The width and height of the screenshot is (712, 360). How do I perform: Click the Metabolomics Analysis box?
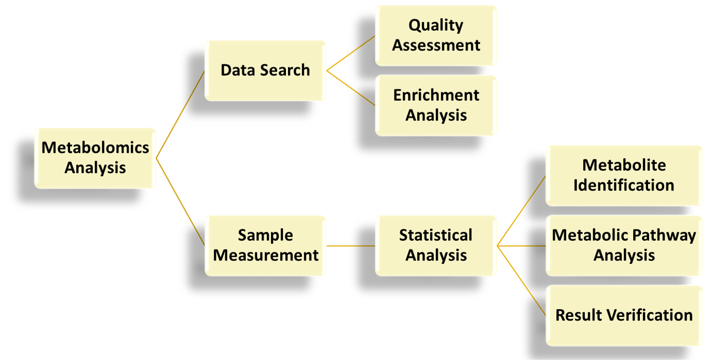(95, 158)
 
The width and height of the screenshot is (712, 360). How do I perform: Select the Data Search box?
(265, 70)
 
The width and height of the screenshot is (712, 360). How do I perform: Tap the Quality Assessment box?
(436, 35)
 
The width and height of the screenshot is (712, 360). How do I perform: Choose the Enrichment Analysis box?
(436, 105)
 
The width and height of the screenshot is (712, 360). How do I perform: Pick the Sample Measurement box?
(265, 245)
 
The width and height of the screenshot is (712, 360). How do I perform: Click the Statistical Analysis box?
(436, 245)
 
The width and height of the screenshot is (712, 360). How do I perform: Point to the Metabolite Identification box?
(624, 175)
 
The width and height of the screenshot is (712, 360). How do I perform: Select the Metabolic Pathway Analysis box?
(624, 245)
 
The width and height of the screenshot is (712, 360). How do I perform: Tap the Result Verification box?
(624, 315)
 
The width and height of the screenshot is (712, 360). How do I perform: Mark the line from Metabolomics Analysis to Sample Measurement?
(181, 202)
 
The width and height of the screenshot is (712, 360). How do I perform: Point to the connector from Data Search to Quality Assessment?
(351, 52)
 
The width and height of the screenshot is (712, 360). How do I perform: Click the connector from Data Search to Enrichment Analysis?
(351, 88)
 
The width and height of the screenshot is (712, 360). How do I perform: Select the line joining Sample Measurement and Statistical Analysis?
(351, 245)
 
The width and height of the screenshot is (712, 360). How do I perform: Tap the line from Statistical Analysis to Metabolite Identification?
(521, 211)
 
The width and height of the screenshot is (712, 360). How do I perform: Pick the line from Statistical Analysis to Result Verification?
(521, 281)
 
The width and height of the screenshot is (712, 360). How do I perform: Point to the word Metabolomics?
(95, 148)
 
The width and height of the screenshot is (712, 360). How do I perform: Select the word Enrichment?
(436, 95)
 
